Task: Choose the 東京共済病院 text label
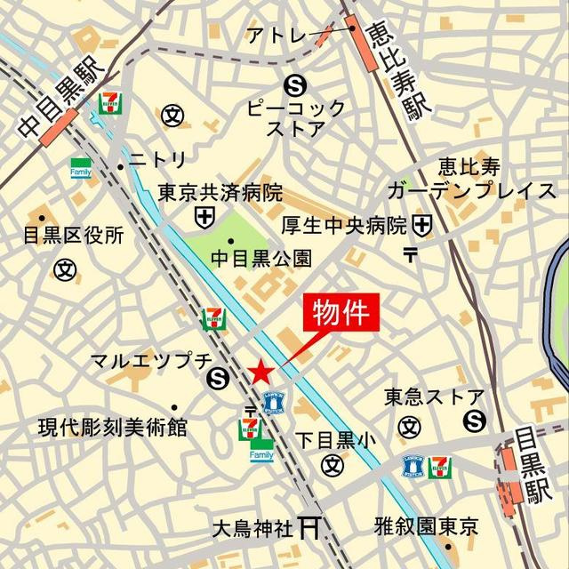(220, 192)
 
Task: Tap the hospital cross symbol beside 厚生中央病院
(421, 225)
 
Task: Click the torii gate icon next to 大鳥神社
(310, 527)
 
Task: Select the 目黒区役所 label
(73, 236)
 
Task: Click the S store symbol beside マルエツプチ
(216, 381)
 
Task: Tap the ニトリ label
(158, 160)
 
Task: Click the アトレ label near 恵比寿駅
(275, 36)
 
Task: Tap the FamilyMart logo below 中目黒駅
(82, 166)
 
